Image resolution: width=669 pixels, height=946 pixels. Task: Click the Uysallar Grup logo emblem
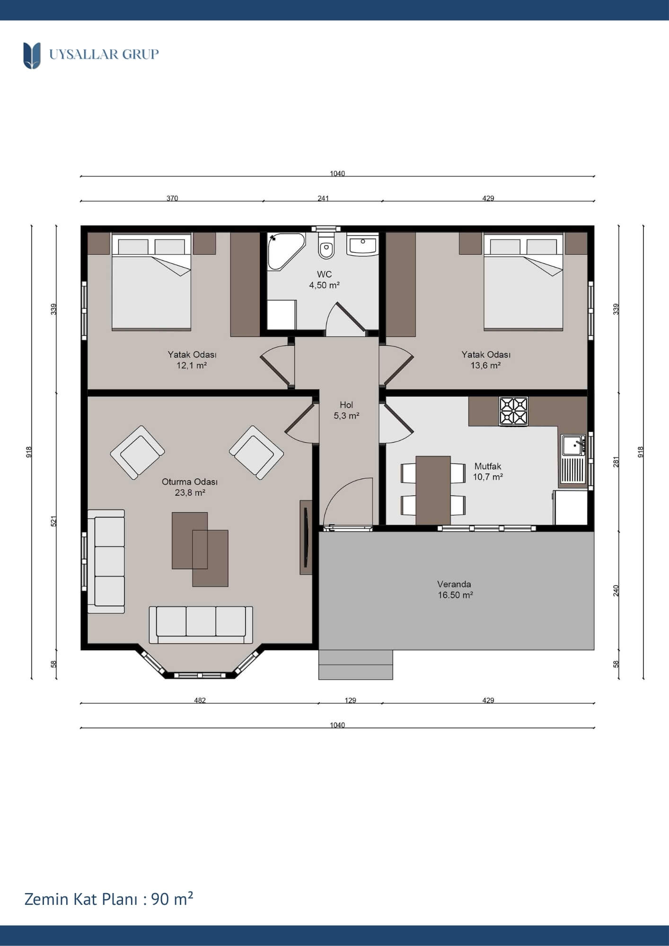pos(32,55)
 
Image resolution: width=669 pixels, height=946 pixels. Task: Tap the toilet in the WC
pos(326,245)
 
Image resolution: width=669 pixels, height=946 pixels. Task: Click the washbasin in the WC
pos(362,245)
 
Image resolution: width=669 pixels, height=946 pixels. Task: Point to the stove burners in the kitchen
pos(513,411)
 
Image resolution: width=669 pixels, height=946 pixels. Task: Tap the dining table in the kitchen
pos(433,491)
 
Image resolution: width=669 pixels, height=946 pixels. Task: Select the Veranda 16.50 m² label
pos(455,589)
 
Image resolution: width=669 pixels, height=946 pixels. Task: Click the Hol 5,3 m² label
pos(346,410)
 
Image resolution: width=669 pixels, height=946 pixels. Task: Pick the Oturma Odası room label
pos(190,482)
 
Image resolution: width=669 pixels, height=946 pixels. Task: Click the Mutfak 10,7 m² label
pos(488,472)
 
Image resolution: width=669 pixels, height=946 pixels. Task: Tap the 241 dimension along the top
pos(323,198)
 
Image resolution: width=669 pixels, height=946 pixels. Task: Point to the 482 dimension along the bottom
pos(200,701)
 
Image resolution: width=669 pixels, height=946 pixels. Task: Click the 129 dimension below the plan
pos(350,701)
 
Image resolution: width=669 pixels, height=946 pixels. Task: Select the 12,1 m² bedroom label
pos(192,365)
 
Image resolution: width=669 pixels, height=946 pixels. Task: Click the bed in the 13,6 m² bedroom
pos(523,281)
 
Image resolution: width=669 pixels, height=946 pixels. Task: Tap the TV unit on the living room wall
pos(306,537)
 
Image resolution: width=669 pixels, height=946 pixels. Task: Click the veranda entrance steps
pos(355,665)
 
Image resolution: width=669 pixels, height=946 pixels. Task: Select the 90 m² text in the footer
pos(172,899)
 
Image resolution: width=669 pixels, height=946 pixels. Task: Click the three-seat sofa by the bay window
pos(201,625)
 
